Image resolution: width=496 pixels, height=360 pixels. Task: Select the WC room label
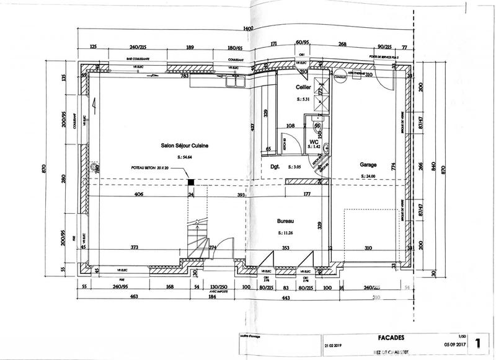pyautogui.click(x=314, y=141)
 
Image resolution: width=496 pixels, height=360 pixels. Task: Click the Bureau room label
pyautogui.click(x=285, y=221)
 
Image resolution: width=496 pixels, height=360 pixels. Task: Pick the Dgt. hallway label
pyautogui.click(x=277, y=167)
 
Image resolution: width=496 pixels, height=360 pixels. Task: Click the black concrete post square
pyautogui.click(x=192, y=182)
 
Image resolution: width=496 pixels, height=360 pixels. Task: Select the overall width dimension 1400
pyautogui.click(x=249, y=29)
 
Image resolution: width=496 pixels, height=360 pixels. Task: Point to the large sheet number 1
pyautogui.click(x=477, y=343)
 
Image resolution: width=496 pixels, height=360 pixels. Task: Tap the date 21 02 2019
pyautogui.click(x=332, y=347)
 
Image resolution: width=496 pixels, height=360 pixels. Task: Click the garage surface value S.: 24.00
pyautogui.click(x=370, y=177)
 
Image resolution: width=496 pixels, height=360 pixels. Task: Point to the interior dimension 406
pyautogui.click(x=139, y=195)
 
